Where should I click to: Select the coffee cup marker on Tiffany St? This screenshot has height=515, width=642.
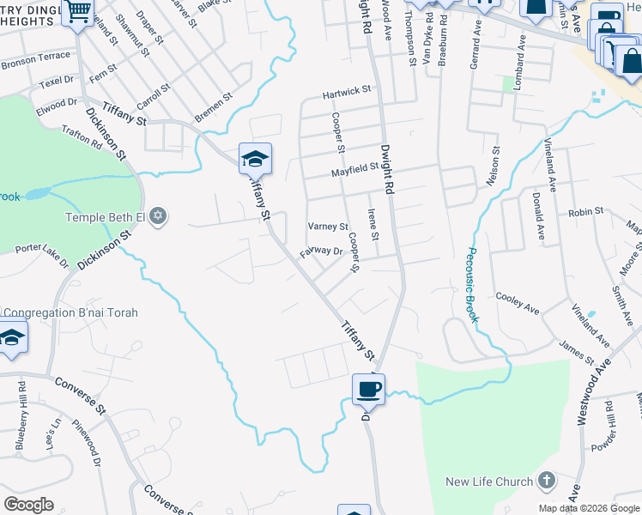tap(368, 389)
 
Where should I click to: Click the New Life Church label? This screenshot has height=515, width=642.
tap(488, 482)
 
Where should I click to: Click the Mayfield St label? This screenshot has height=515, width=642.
tap(355, 173)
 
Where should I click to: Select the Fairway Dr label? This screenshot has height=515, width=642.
tap(321, 252)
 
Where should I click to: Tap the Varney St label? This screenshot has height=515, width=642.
tap(328, 227)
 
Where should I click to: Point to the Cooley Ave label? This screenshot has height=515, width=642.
tap(518, 306)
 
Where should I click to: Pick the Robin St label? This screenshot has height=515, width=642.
tap(586, 211)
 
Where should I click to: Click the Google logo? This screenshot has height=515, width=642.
tap(28, 505)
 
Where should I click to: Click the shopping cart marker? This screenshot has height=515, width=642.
tap(78, 12)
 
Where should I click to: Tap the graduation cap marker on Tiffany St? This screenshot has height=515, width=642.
tap(255, 159)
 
